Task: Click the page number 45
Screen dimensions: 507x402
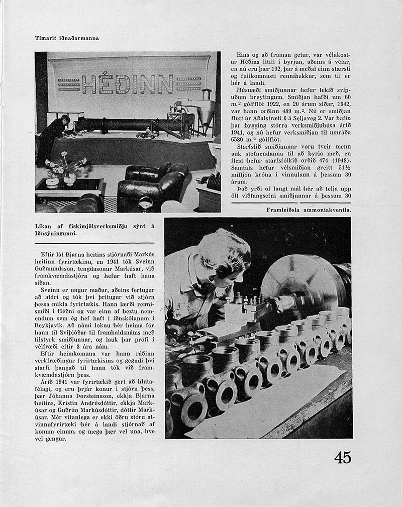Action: pos(342,457)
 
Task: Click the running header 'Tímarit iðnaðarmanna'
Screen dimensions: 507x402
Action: pos(67,38)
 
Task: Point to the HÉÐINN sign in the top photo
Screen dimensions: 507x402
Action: pos(132,83)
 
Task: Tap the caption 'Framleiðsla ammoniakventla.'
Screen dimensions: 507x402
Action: pos(309,208)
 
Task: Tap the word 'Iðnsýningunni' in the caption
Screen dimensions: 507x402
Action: pos(57,233)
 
